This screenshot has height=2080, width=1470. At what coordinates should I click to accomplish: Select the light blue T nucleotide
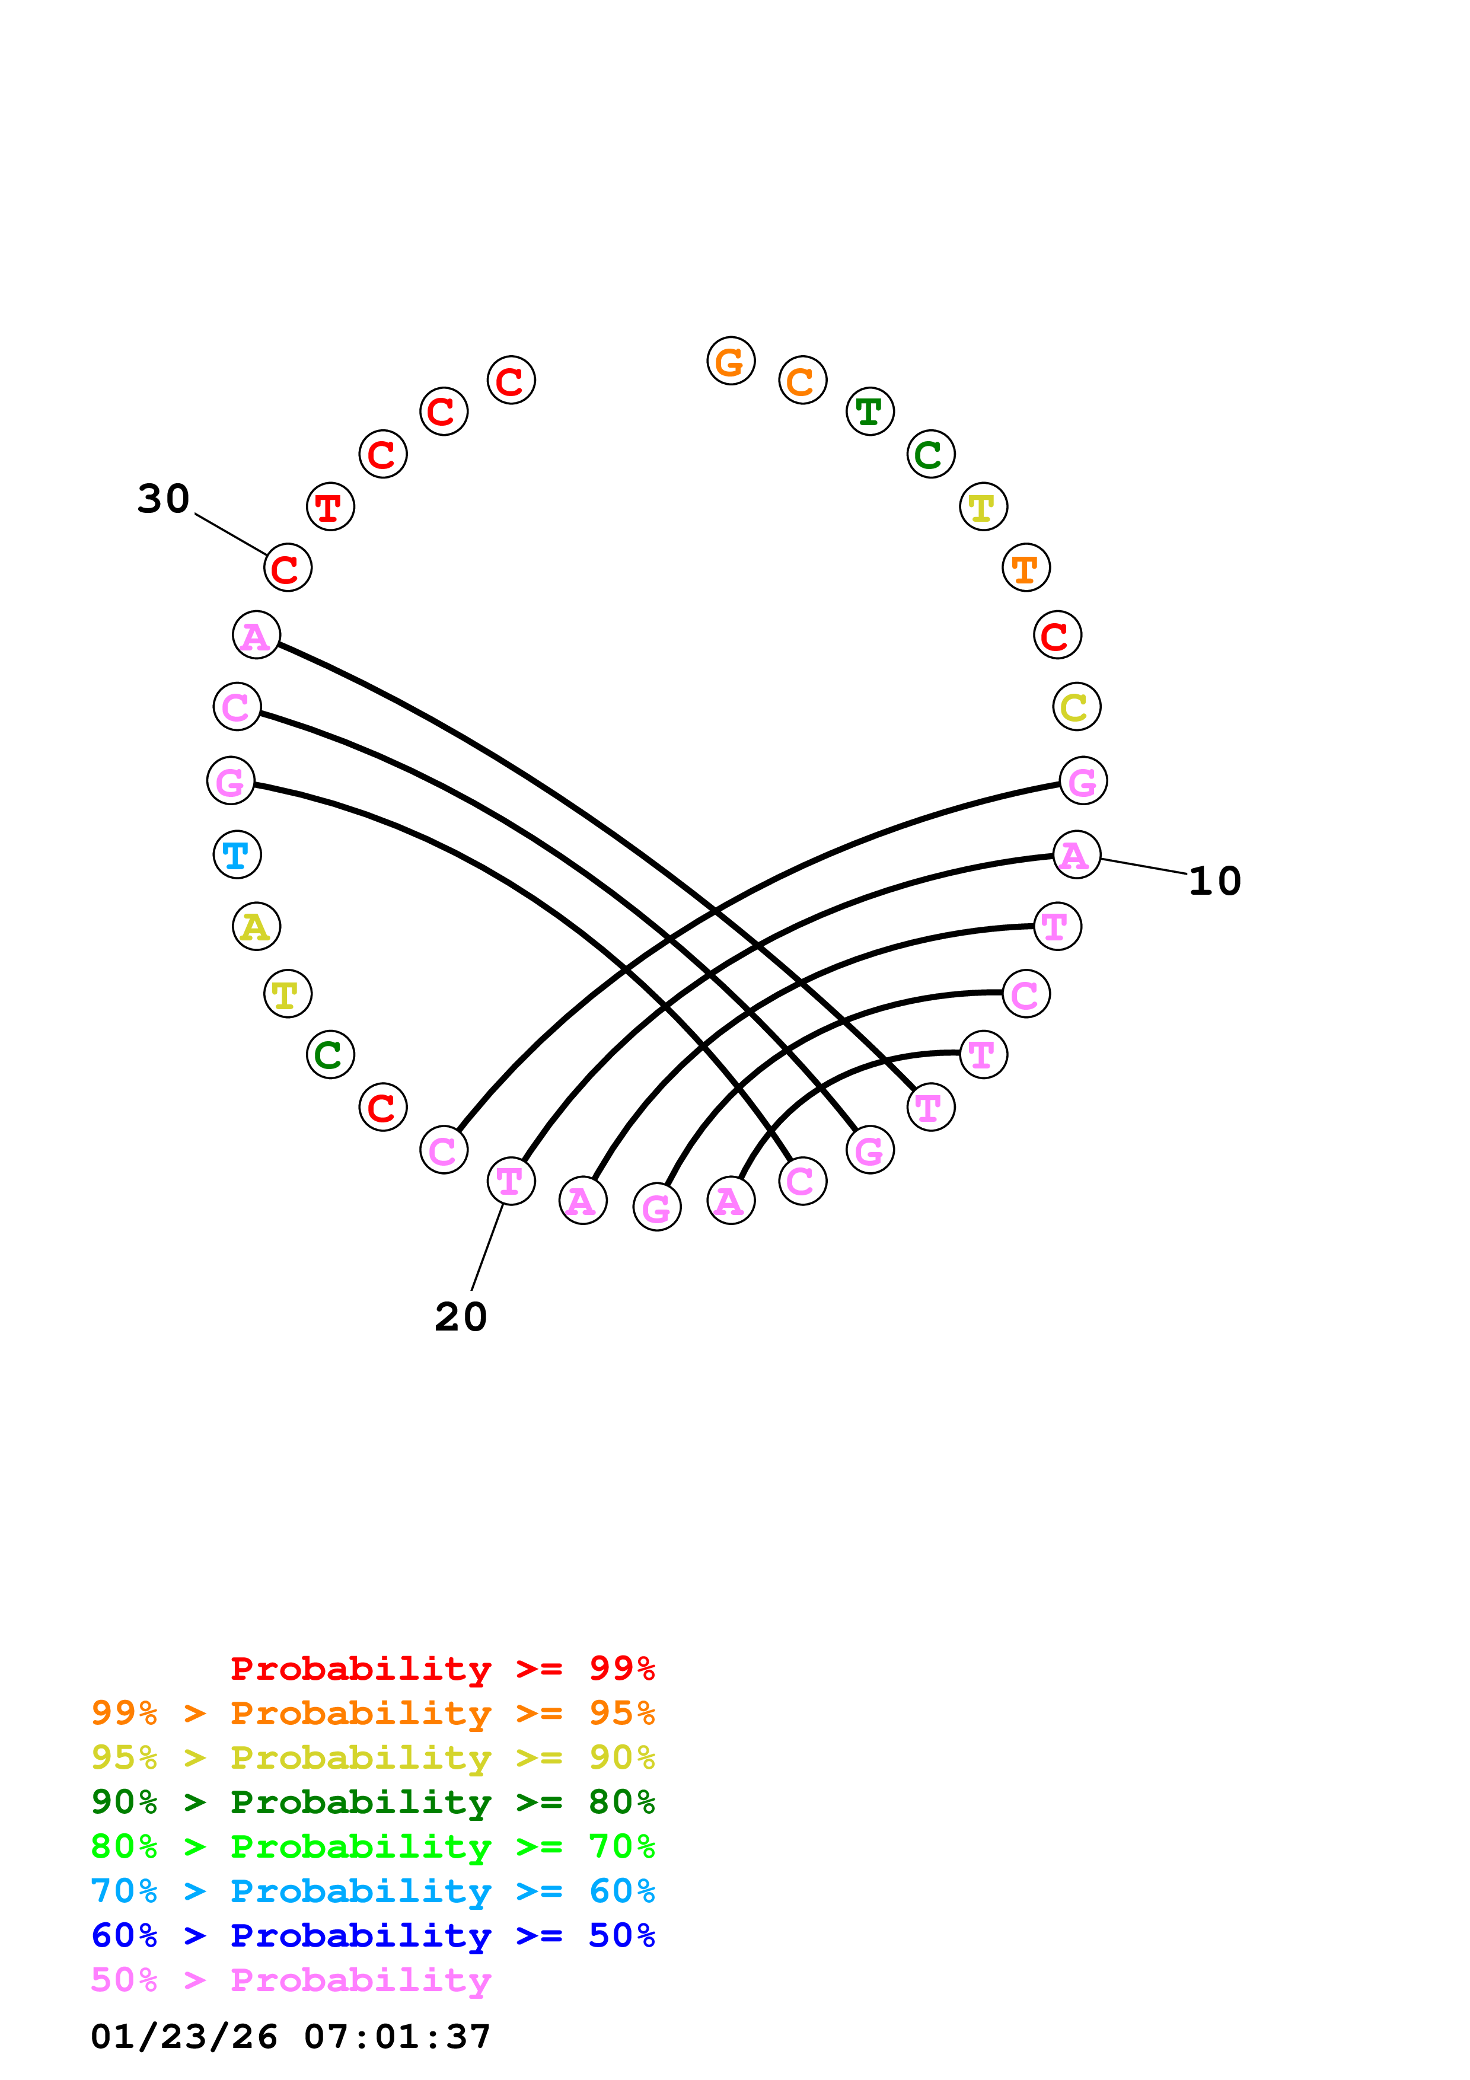[x=237, y=854]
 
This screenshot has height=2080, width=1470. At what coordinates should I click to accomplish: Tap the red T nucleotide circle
[x=330, y=506]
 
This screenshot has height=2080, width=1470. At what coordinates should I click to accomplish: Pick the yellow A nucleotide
[x=256, y=926]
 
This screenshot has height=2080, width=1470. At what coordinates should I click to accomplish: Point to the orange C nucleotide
[x=802, y=381]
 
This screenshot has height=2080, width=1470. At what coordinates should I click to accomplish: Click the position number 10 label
[x=1214, y=881]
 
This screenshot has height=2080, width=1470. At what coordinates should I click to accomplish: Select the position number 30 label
[x=164, y=498]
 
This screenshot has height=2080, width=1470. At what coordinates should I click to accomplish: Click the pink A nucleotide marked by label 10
[x=1076, y=854]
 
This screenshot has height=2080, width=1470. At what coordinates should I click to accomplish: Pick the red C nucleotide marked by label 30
[x=287, y=568]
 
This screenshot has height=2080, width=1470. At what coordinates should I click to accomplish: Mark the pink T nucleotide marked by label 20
[x=511, y=1181]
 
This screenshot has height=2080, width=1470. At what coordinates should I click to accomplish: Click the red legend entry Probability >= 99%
[x=442, y=1669]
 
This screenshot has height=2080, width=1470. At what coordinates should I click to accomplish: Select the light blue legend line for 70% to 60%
[x=372, y=1891]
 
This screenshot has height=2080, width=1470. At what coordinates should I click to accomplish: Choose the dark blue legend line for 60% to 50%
[x=372, y=1935]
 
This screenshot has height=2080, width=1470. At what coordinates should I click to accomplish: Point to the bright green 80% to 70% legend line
[x=372, y=1846]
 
